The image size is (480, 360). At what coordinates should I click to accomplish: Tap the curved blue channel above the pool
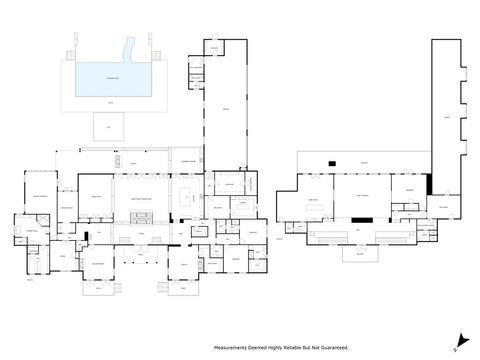click(x=127, y=49)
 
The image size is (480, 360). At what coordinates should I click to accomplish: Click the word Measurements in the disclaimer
click(x=231, y=346)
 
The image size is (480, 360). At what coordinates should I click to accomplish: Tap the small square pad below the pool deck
click(x=106, y=127)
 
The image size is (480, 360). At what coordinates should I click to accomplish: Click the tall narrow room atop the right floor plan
click(x=447, y=110)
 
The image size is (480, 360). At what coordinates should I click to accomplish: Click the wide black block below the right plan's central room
click(x=361, y=218)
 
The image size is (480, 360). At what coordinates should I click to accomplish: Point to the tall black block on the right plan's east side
click(x=428, y=184)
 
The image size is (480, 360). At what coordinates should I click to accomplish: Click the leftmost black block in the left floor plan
click(x=87, y=237)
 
